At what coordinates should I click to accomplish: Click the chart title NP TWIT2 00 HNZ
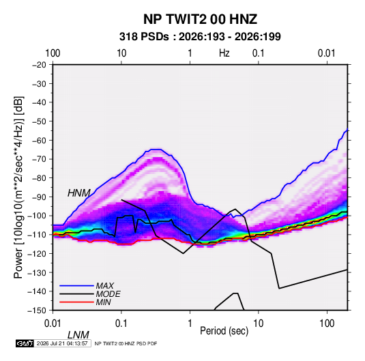coord(200,19)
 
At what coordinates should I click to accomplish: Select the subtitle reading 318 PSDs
coord(144,37)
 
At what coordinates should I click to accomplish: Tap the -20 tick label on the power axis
coord(39,65)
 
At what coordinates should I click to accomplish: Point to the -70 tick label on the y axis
coord(39,159)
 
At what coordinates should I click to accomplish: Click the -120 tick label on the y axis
coord(37,254)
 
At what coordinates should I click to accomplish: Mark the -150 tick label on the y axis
coord(37,311)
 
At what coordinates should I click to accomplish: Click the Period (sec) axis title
coord(224,331)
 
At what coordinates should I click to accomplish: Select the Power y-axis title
coord(18,187)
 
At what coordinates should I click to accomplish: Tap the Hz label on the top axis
coord(224,53)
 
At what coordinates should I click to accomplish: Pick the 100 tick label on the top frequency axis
coord(53,53)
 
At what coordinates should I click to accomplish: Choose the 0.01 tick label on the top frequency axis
coord(327,53)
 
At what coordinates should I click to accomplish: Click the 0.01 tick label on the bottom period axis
coord(53,323)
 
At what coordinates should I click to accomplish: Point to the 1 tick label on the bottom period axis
coord(190,323)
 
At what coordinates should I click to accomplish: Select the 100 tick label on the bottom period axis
coord(327,323)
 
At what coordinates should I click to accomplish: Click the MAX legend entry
coord(105,286)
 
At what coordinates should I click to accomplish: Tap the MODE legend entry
coord(108,294)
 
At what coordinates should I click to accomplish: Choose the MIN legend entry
coord(103,302)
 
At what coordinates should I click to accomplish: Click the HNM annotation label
coord(79,193)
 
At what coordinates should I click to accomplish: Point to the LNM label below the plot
coord(78,335)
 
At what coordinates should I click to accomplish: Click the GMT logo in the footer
coord(25,343)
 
